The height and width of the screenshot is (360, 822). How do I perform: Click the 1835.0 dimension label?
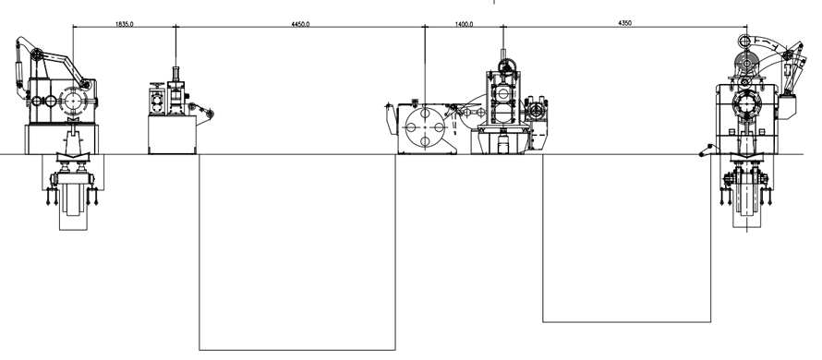125,24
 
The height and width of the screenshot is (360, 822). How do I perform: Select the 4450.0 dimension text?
300,24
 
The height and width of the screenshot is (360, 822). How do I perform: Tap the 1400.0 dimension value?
464,24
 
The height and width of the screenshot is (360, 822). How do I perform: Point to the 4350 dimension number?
625,23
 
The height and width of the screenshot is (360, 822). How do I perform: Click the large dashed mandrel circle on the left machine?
73,101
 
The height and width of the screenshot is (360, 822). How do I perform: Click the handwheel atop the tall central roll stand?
507,66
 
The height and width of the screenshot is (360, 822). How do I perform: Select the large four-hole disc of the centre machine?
425,127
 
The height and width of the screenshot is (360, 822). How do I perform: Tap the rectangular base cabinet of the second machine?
173,135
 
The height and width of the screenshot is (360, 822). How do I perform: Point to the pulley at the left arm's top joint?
36,55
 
